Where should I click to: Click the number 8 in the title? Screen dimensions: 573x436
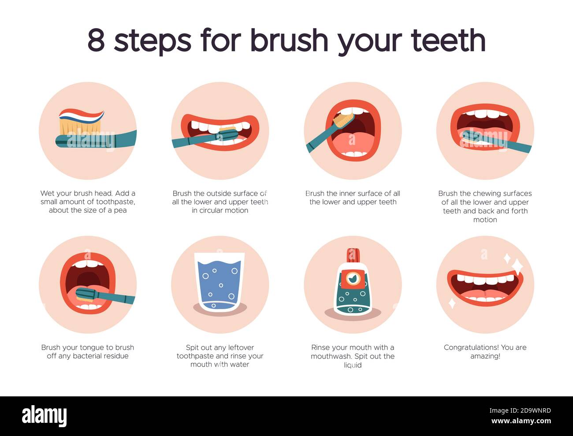(x=97, y=40)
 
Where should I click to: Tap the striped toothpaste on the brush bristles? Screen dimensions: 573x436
(x=81, y=115)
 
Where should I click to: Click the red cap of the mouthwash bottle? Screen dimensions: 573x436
(x=353, y=255)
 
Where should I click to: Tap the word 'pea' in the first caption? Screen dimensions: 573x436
(x=120, y=210)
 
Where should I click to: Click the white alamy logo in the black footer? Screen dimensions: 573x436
(x=45, y=415)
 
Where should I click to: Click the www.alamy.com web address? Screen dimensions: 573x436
(x=521, y=421)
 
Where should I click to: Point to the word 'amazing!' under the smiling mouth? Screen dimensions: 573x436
(x=485, y=356)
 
